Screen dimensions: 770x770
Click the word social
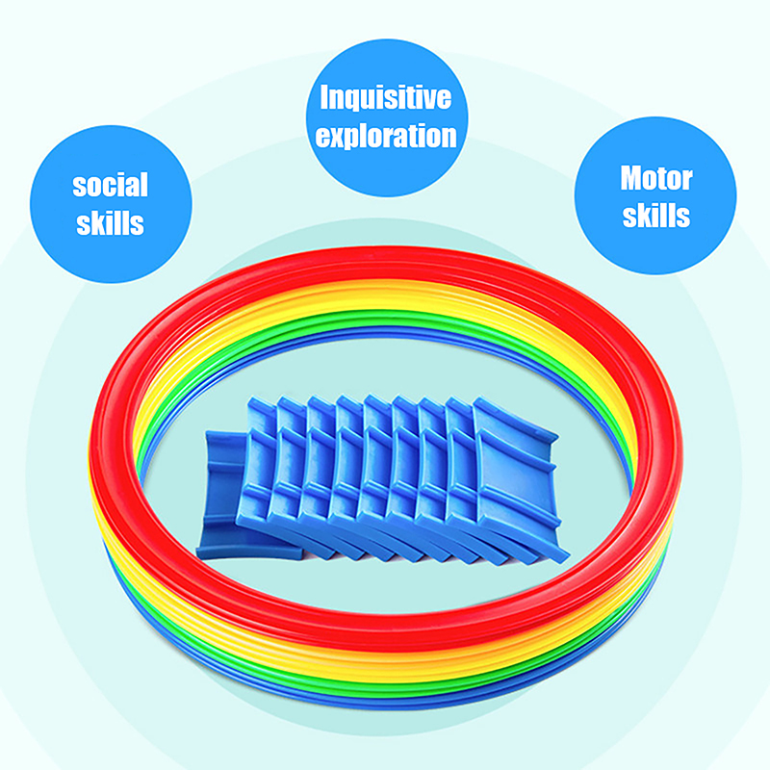(x=111, y=186)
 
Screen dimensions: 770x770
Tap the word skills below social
(x=111, y=224)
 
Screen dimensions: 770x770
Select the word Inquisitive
(x=385, y=99)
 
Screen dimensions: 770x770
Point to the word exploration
(x=385, y=136)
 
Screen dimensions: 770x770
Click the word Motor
(x=655, y=180)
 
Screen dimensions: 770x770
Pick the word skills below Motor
(x=655, y=217)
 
